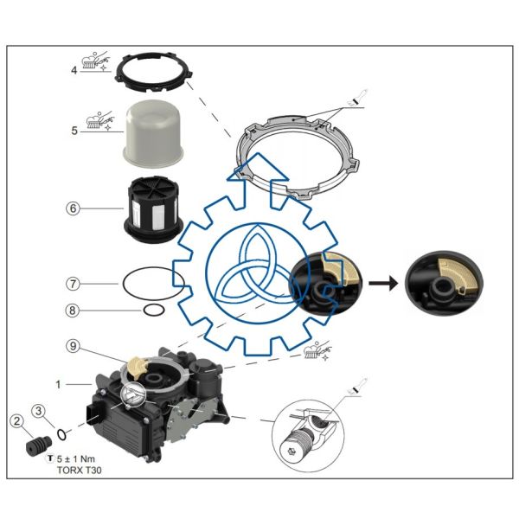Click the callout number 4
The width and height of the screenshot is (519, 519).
click(74, 70)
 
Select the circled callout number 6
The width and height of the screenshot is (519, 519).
click(74, 208)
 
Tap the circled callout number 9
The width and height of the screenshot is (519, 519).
click(74, 345)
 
